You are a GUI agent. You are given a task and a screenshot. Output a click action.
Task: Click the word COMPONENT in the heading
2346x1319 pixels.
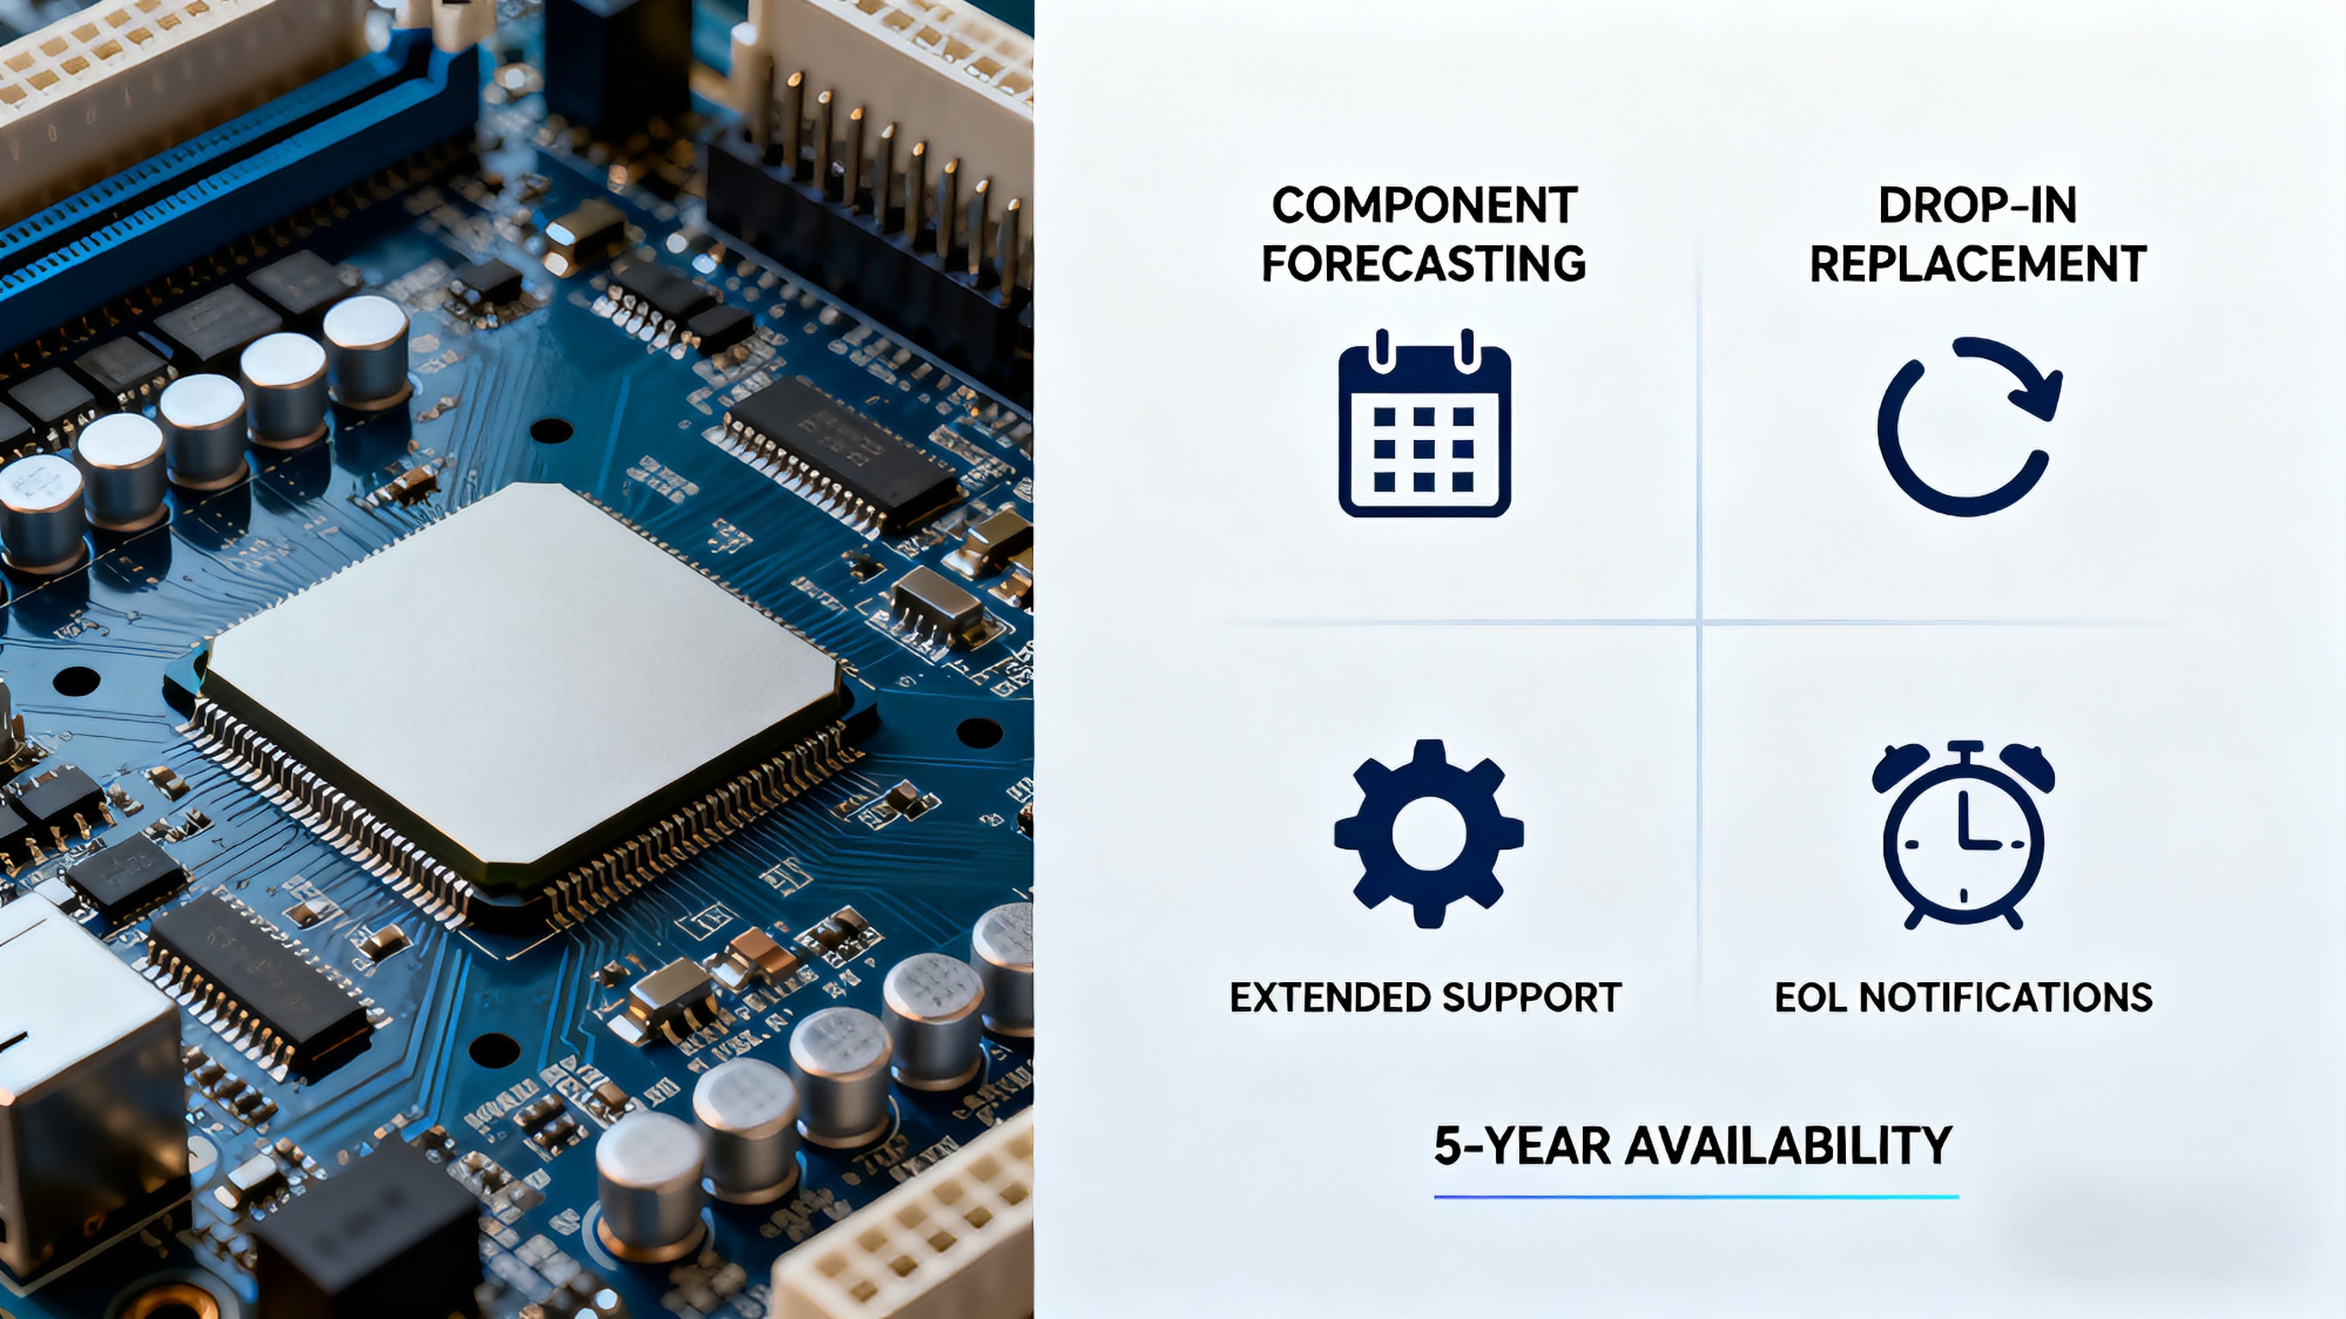coord(1425,205)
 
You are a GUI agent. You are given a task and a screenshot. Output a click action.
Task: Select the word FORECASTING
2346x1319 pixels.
coord(1425,264)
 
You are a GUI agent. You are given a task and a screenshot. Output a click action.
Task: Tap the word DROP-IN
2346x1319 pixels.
coord(1977,205)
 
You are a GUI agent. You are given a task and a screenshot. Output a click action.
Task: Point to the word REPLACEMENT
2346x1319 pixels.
coord(1977,264)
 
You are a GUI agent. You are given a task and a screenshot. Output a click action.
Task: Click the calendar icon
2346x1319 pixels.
coord(1425,424)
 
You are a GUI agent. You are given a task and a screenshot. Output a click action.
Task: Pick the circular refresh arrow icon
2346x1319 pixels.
coord(1967,426)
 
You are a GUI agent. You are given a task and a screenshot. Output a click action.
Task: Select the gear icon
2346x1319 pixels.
coord(1428,834)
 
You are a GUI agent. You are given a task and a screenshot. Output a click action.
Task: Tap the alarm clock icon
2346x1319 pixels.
coord(1964,834)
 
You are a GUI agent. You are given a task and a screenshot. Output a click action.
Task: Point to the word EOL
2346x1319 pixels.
coord(1811,998)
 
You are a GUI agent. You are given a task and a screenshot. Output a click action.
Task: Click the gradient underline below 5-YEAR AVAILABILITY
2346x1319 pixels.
coord(1695,1197)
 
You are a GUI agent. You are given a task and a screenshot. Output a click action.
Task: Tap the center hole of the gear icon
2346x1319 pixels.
coord(1428,834)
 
